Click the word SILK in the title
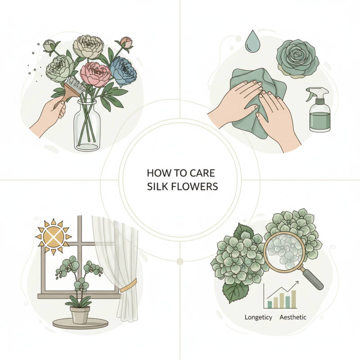[x=158, y=186]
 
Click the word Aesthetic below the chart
[x=293, y=317]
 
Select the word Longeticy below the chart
[x=258, y=317]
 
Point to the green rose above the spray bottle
[x=297, y=58]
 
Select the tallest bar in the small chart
[x=293, y=298]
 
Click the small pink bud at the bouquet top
[x=128, y=42]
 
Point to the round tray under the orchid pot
[x=81, y=323]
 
